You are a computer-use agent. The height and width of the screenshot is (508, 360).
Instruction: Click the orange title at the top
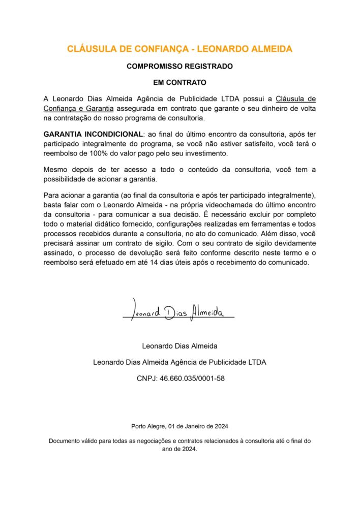[179, 49]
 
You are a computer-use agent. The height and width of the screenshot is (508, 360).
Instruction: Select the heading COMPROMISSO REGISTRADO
[179, 66]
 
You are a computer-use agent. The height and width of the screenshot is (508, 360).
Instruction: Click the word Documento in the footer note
[66, 441]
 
